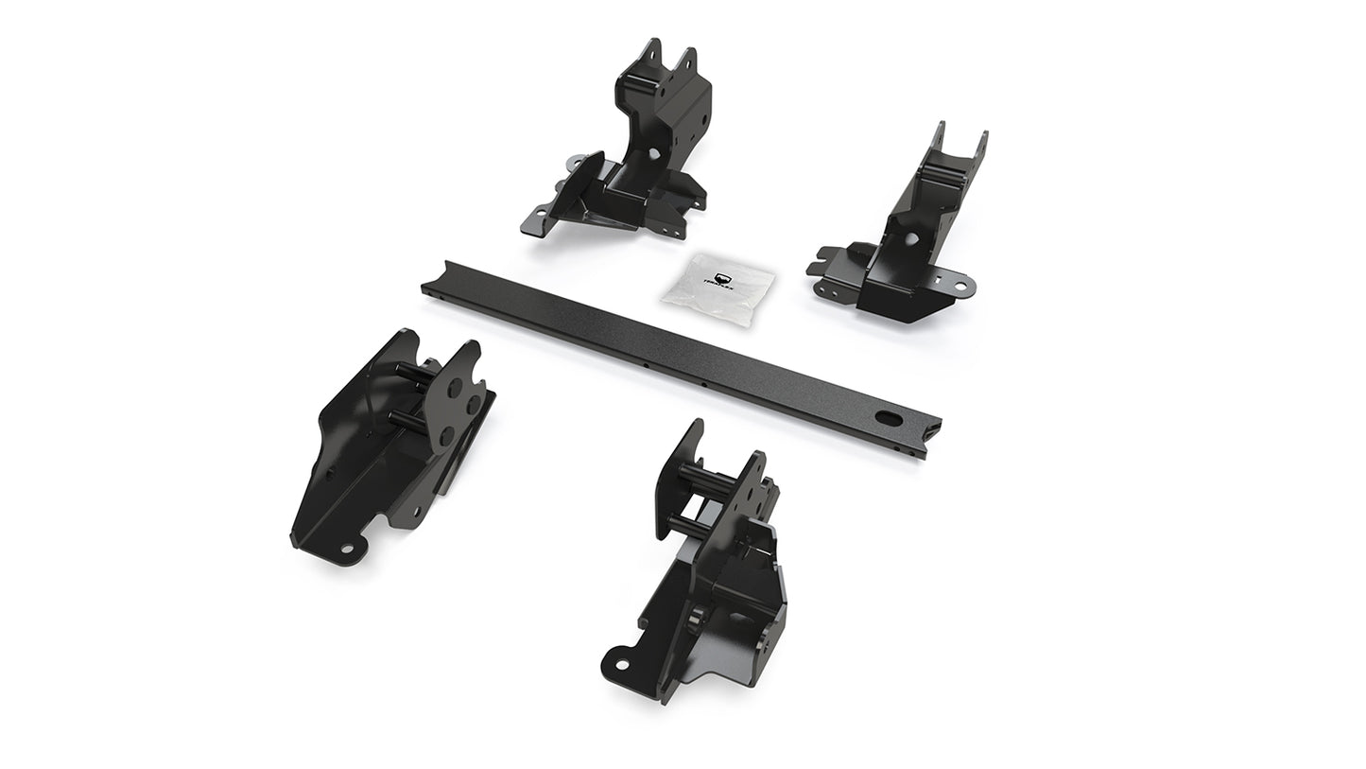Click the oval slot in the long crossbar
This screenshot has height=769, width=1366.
(890, 417)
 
